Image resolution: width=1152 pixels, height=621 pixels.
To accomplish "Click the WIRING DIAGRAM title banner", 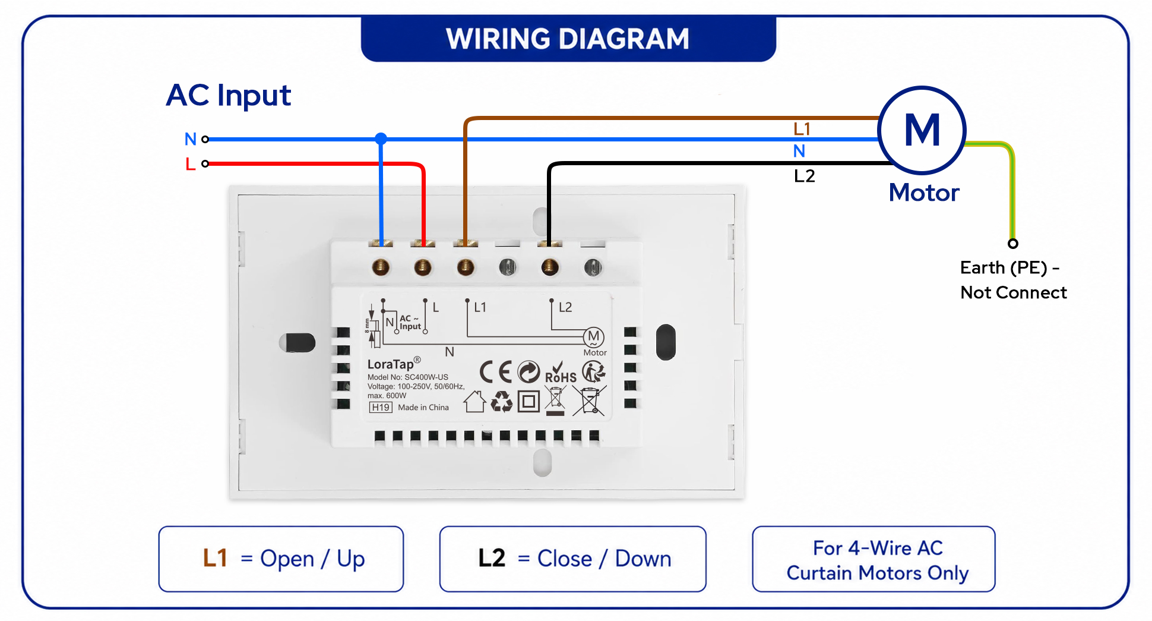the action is tap(568, 39).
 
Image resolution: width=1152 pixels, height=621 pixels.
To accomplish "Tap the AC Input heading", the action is tap(229, 96).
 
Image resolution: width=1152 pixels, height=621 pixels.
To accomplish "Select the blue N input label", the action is tap(190, 139).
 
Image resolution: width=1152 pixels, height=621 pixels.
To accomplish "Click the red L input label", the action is tap(190, 163).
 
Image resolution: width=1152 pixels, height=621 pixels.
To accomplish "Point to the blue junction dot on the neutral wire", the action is tap(381, 139).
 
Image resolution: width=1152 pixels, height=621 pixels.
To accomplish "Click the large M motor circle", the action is tap(922, 89).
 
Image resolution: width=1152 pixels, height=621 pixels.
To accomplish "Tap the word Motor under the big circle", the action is tap(924, 193).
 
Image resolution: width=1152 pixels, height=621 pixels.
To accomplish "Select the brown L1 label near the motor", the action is tap(802, 128).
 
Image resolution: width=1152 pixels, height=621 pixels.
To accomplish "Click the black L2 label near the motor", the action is tap(805, 176).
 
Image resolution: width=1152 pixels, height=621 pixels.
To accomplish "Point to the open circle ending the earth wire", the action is tap(1013, 244).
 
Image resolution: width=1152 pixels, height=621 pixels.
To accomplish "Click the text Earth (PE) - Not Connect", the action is tap(1013, 280).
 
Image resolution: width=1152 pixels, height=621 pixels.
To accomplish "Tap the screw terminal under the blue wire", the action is tap(381, 267).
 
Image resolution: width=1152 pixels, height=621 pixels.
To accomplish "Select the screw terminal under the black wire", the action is tap(550, 267).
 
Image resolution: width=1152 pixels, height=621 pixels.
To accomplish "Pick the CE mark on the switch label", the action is tap(495, 372).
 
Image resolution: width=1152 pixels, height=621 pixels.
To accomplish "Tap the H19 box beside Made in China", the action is tap(381, 407).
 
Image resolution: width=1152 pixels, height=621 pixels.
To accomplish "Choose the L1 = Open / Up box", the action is tap(281, 559).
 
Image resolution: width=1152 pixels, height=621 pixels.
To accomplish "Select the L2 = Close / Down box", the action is tap(573, 559).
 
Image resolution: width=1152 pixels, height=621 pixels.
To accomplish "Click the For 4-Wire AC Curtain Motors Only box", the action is tap(874, 559).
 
